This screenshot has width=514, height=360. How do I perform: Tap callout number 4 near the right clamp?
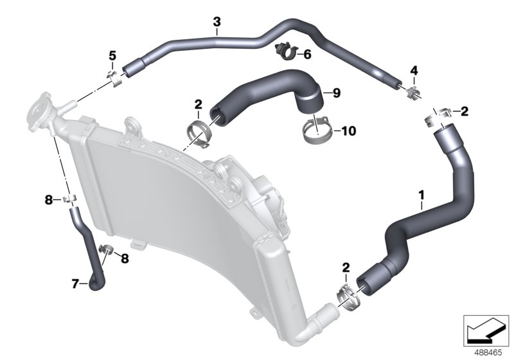pos(414,69)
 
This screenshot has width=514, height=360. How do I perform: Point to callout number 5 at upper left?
pos(112,56)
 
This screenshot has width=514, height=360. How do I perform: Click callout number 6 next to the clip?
pos(306,55)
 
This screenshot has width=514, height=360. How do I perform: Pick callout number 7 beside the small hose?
pos(75,282)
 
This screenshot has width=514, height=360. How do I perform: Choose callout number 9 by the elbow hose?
pos(336,93)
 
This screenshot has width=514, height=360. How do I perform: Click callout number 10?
pos(348,131)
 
